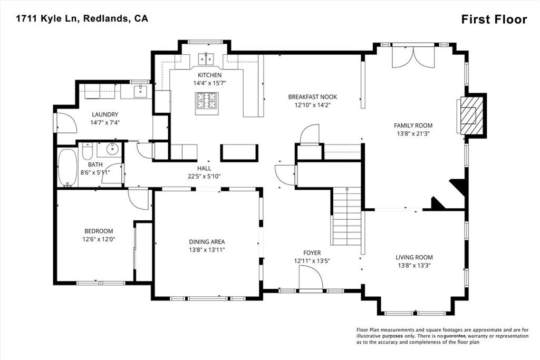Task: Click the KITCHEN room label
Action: click(209, 75)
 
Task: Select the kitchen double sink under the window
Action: click(206, 59)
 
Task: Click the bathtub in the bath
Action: click(67, 167)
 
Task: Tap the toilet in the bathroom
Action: click(88, 151)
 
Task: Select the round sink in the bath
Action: click(111, 150)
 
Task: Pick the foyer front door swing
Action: click(310, 277)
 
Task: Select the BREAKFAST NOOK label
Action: click(312, 97)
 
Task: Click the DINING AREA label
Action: click(207, 242)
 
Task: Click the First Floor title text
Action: click(494, 20)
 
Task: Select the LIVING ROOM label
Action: click(414, 257)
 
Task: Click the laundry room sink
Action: click(140, 92)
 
